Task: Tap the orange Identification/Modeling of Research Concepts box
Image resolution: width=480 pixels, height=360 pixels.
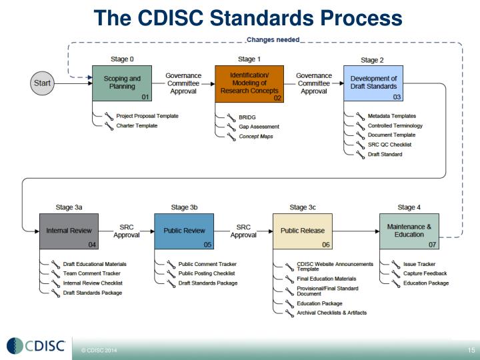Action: [249, 83]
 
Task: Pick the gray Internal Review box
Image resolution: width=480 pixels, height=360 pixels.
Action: [69, 231]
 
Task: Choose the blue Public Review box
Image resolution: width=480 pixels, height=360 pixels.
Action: [184, 231]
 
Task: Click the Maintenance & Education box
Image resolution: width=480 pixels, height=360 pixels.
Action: [409, 231]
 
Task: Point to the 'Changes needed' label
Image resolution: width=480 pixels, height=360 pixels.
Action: [273, 40]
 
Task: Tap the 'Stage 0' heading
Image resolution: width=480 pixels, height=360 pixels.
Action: [123, 59]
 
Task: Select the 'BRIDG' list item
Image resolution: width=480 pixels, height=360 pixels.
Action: [248, 117]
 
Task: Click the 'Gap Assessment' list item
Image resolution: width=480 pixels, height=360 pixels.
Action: [259, 127]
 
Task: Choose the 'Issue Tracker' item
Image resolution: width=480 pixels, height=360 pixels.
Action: [419, 264]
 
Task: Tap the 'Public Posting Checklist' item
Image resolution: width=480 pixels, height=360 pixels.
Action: [209, 273]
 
